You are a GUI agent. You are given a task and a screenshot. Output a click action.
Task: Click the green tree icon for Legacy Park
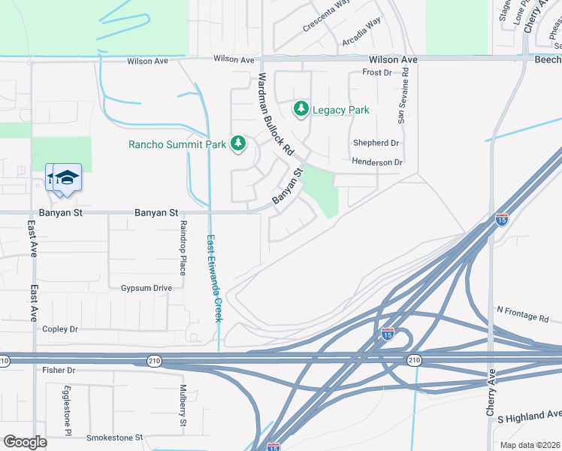(301, 110)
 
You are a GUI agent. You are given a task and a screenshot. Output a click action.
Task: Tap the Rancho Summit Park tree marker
(238, 143)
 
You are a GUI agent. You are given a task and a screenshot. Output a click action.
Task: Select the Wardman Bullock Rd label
(275, 114)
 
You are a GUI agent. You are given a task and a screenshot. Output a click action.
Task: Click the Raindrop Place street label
(182, 248)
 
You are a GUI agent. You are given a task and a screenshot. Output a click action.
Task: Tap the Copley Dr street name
(60, 329)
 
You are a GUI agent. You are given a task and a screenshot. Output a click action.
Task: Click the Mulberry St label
(183, 406)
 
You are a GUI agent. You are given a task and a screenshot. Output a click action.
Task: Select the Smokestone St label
(114, 437)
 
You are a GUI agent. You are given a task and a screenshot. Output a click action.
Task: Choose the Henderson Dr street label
(377, 162)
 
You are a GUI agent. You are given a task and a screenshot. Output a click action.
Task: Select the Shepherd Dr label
(376, 143)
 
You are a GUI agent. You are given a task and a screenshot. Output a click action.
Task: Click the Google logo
(25, 441)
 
